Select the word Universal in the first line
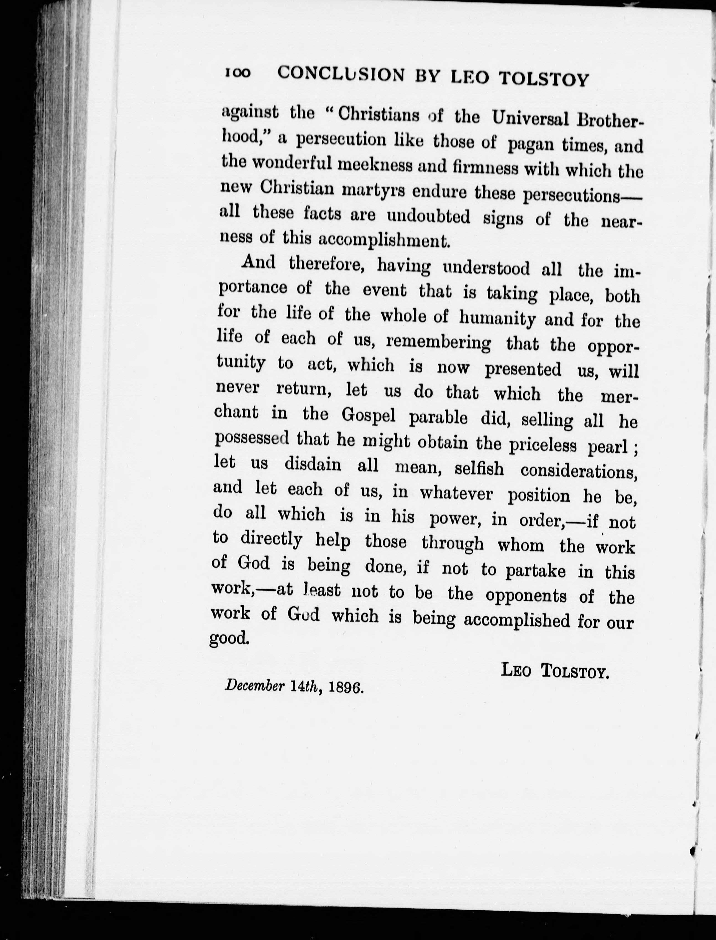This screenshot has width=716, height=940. click(530, 118)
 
